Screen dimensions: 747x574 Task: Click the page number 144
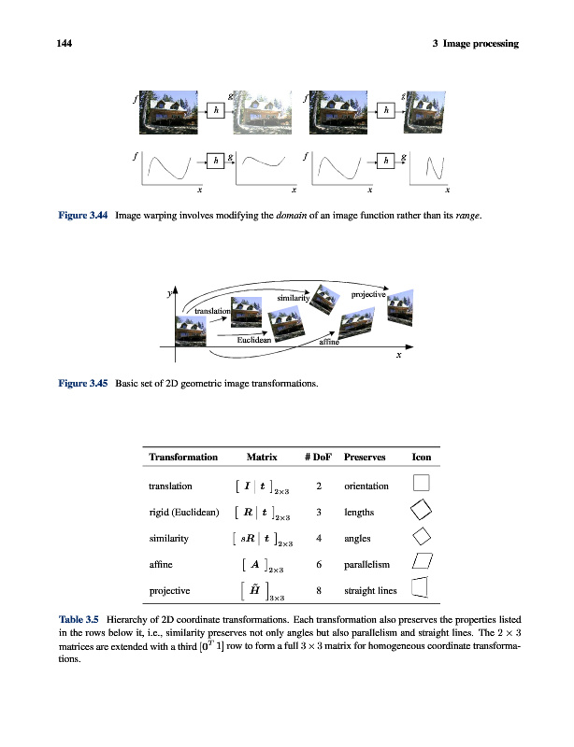coord(64,43)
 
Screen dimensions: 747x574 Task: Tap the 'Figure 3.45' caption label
coord(80,384)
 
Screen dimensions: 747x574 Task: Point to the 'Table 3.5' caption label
coord(79,619)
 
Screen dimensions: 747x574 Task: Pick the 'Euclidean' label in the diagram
coord(253,341)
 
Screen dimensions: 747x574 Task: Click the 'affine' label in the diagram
coord(329,343)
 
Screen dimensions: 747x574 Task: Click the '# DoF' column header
coord(319,458)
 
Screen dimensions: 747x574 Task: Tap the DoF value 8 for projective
coord(319,590)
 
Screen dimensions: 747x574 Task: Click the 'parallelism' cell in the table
coord(372,564)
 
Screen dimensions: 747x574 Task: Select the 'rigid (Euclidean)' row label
coord(183,512)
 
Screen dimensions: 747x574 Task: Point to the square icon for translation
coord(422,484)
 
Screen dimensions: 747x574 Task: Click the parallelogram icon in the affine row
coord(422,562)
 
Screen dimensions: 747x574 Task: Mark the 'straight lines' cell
coord(371,590)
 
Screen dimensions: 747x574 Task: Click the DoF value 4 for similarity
coord(319,538)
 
